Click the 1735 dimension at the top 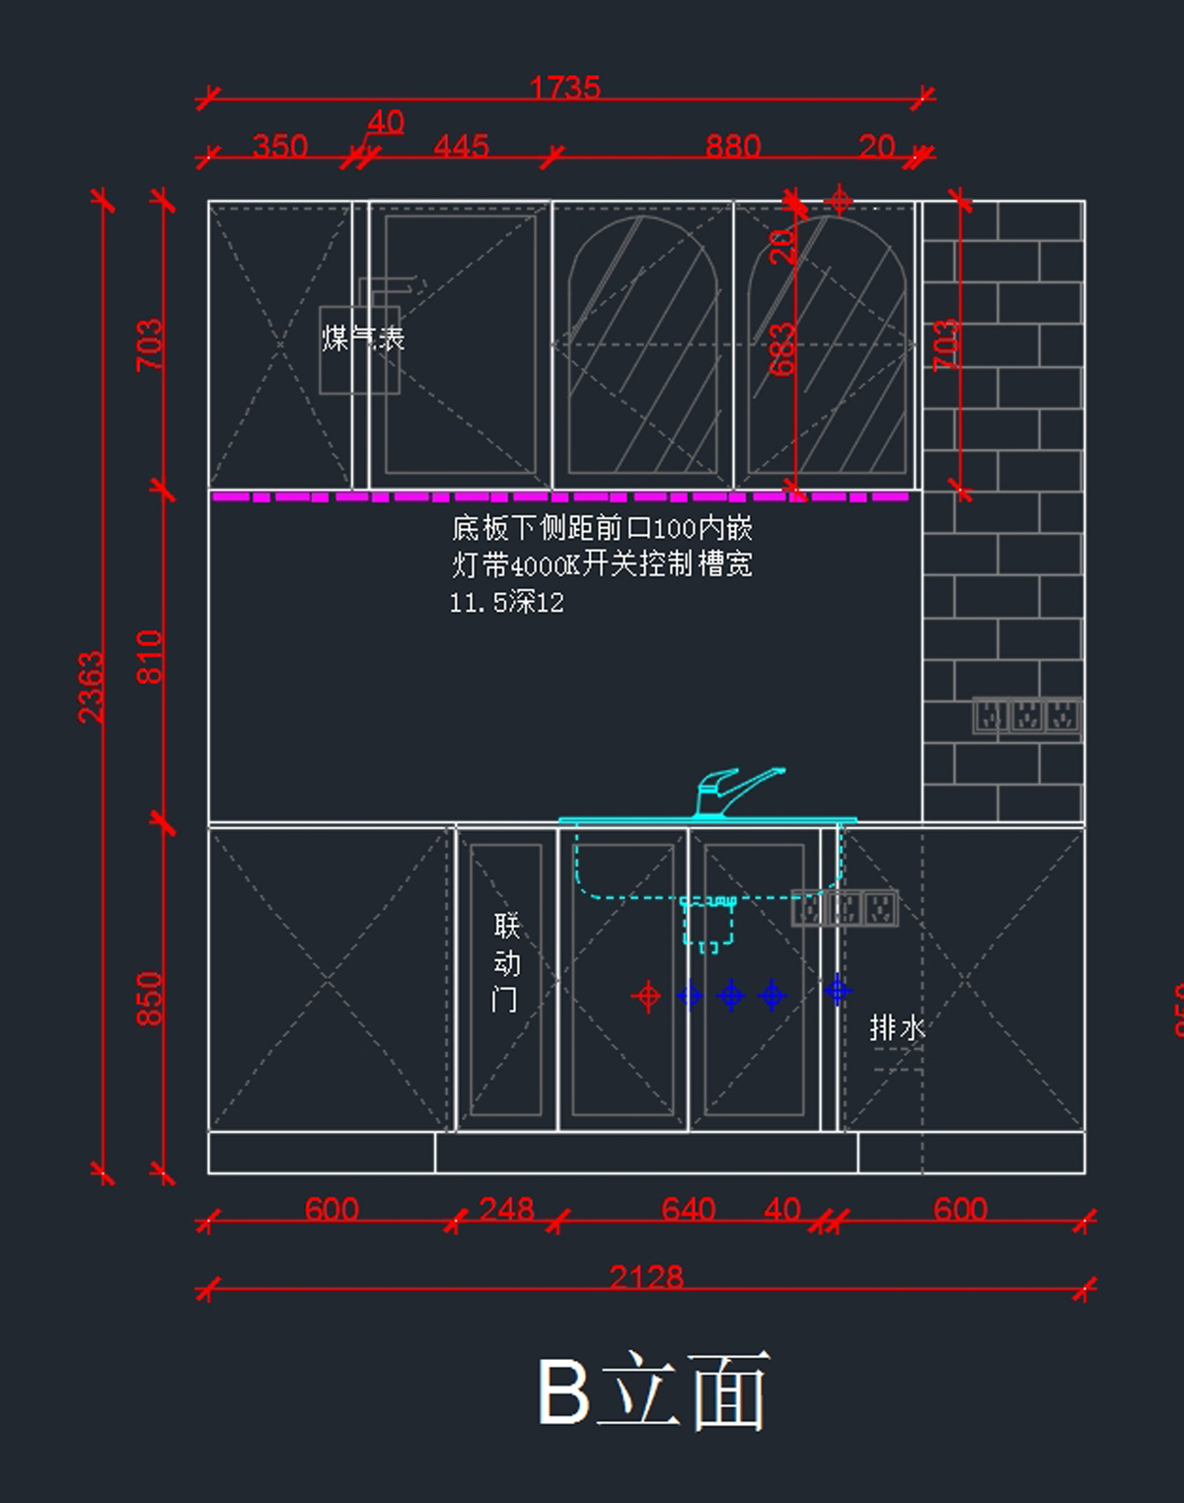click(564, 88)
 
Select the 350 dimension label click(280, 146)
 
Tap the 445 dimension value click(461, 146)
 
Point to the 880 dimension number click(732, 146)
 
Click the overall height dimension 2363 click(91, 687)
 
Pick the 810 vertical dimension click(149, 656)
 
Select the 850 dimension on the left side click(149, 999)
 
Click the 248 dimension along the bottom click(506, 1209)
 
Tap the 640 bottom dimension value click(688, 1209)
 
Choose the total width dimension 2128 click(646, 1277)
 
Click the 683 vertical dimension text click(782, 349)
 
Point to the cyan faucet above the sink click(735, 791)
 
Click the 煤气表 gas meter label click(363, 338)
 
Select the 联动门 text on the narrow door click(506, 962)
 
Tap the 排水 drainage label click(897, 1028)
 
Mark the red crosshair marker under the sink click(647, 997)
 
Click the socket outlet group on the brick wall click(1026, 715)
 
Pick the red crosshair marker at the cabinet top click(839, 200)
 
